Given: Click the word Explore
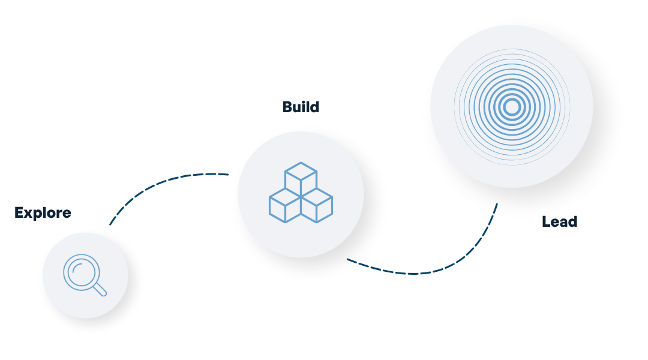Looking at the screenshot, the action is click(43, 213).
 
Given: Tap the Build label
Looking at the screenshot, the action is click(301, 107).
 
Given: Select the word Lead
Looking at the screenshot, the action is click(560, 221).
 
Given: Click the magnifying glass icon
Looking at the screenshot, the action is click(85, 275).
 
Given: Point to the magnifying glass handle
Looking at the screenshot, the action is click(100, 289).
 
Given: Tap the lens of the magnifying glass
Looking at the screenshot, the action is click(82, 272).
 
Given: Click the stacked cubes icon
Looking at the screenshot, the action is click(301, 193).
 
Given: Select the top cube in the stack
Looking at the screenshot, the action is click(301, 178).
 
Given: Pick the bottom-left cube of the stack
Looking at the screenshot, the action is click(285, 205).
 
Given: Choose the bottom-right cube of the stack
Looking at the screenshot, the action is click(317, 205).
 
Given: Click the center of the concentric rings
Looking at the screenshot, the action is click(512, 107).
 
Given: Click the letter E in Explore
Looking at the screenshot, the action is click(19, 212).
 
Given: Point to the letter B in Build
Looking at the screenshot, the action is click(287, 107).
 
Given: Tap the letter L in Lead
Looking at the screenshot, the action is click(546, 221).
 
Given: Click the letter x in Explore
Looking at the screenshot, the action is click(29, 214).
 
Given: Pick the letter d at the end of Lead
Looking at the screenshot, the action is click(572, 221).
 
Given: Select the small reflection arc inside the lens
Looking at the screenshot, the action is click(76, 268).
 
